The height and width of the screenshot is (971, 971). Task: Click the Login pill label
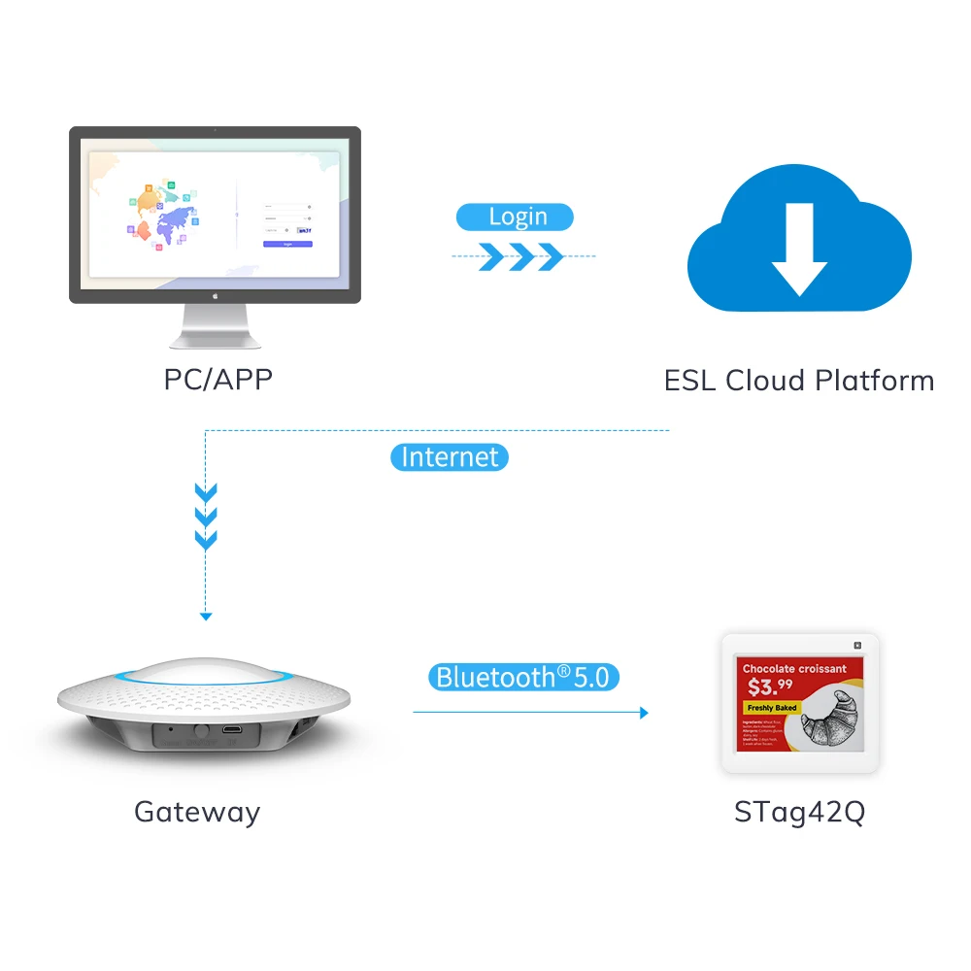[x=517, y=217]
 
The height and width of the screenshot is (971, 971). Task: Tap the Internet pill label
[x=450, y=456]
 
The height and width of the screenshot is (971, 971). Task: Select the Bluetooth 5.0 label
[x=523, y=677]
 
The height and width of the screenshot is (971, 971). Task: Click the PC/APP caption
[x=218, y=379]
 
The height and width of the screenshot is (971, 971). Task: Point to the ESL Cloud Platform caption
[x=798, y=380]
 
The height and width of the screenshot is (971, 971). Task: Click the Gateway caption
[x=197, y=811]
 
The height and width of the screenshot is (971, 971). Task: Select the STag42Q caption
[x=798, y=811]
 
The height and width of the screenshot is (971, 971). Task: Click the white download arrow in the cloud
[x=799, y=249]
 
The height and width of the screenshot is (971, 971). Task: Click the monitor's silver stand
[x=215, y=326]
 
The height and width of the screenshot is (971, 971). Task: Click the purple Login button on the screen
[x=287, y=244]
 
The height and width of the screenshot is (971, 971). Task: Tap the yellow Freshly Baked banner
[x=772, y=708]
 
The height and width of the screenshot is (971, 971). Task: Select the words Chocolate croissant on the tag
[x=794, y=668]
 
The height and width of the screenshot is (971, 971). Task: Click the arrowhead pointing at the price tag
[x=643, y=713]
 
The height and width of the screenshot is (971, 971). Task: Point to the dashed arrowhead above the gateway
[x=205, y=616]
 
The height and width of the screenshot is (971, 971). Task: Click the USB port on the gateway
[x=233, y=728]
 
